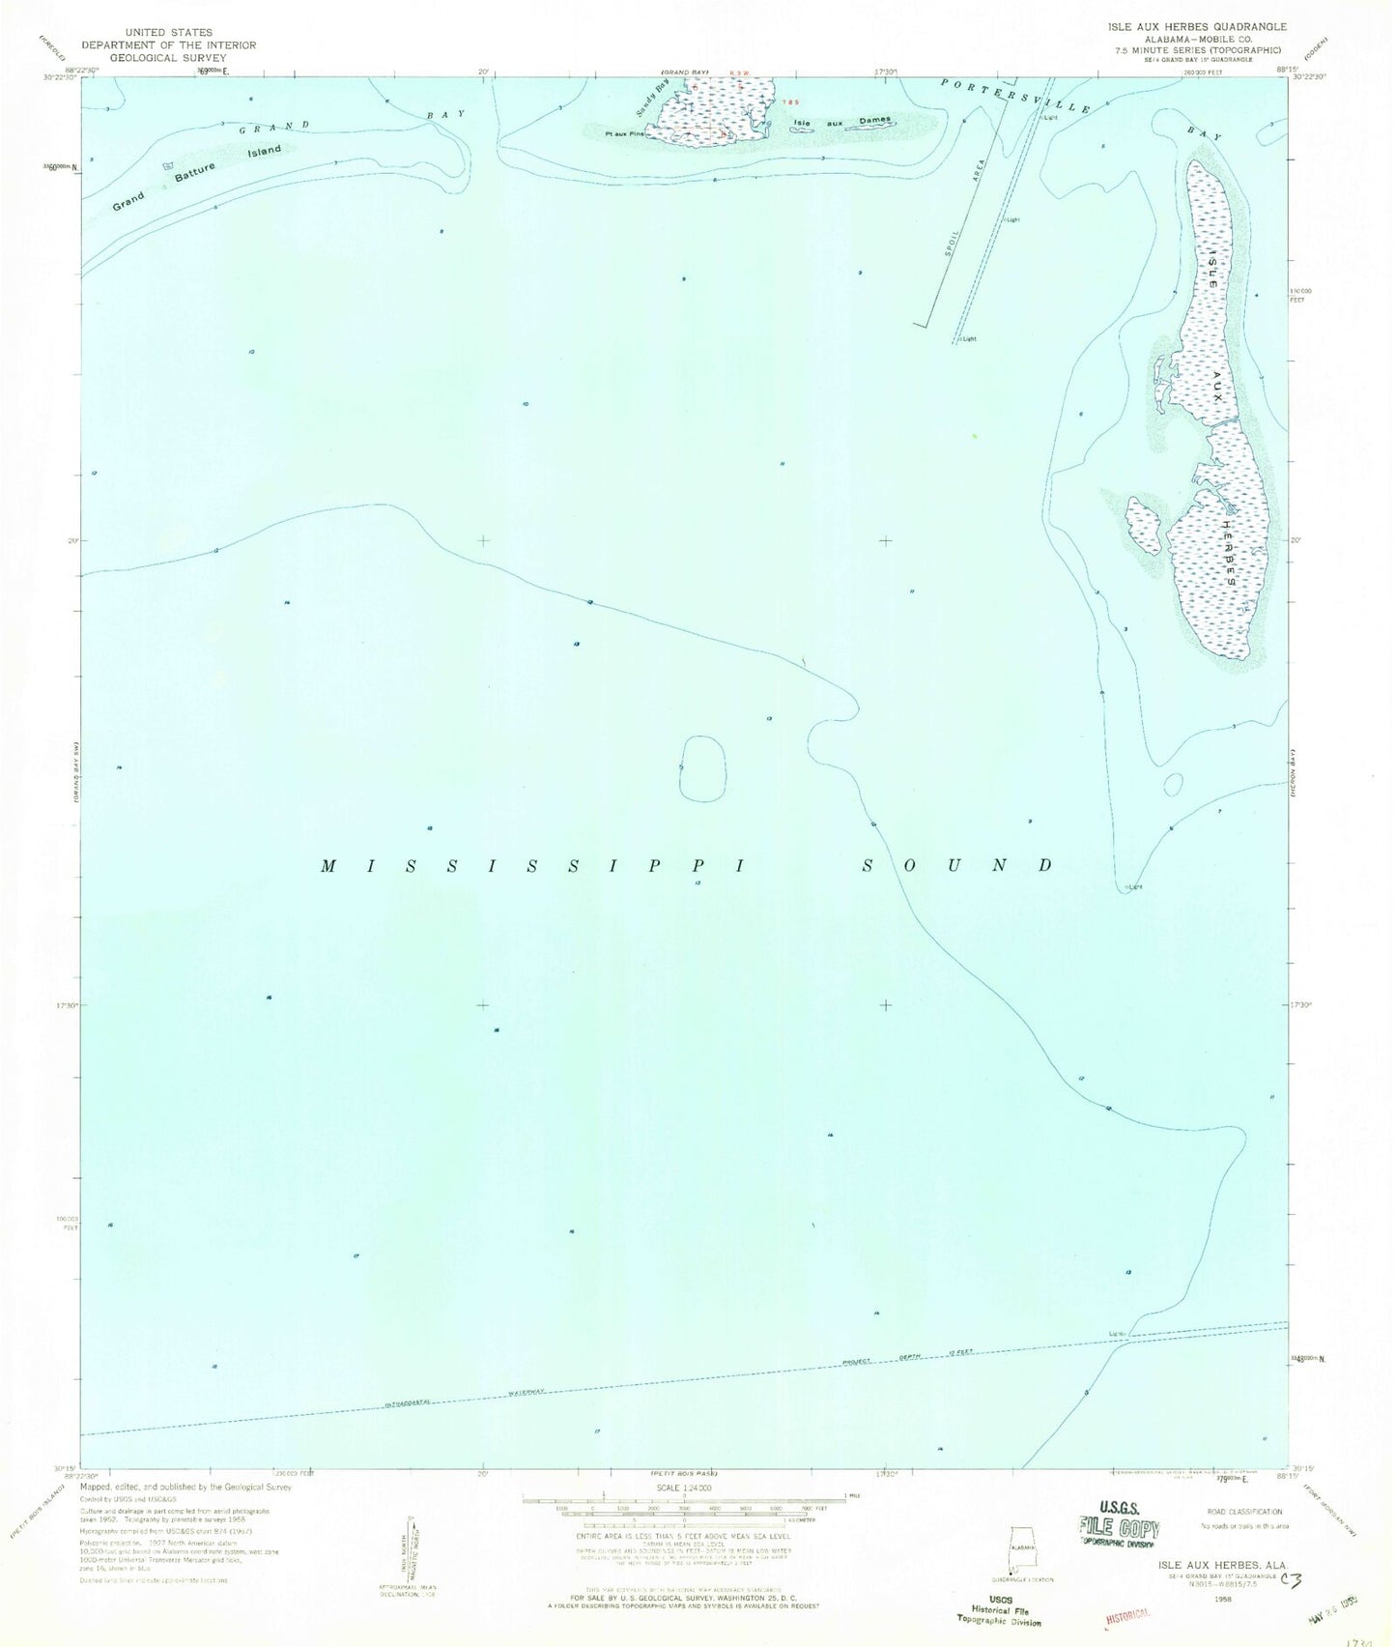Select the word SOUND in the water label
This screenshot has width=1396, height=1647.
click(x=956, y=864)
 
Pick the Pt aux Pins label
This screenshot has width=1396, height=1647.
click(x=624, y=133)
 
